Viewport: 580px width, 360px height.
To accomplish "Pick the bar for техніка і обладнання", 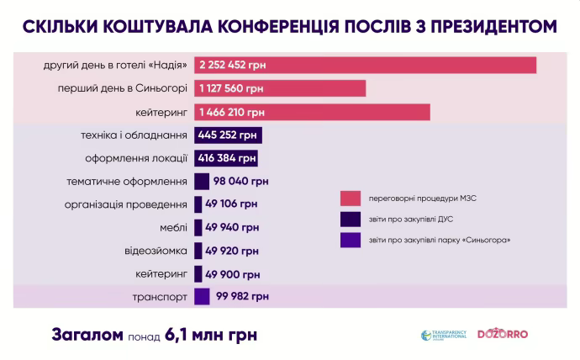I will tap(228, 135).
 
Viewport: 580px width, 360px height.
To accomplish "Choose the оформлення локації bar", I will tap(226, 158).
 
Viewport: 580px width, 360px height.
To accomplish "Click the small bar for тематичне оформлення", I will tap(201, 181).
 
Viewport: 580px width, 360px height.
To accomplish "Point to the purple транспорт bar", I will tap(201, 296).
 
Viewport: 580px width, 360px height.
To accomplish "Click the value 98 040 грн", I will tap(241, 181).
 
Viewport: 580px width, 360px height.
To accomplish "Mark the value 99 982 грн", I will tap(241, 296).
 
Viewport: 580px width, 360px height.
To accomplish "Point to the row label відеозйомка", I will tap(156, 251).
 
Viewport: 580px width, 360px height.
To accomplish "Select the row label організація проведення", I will tap(126, 204).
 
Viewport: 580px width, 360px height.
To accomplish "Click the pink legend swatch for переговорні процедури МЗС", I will tap(350, 199).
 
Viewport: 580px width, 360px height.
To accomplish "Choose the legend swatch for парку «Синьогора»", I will tap(350, 241).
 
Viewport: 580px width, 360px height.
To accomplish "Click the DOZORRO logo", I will tap(503, 334).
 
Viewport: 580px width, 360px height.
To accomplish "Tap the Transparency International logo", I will tap(441, 335).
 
